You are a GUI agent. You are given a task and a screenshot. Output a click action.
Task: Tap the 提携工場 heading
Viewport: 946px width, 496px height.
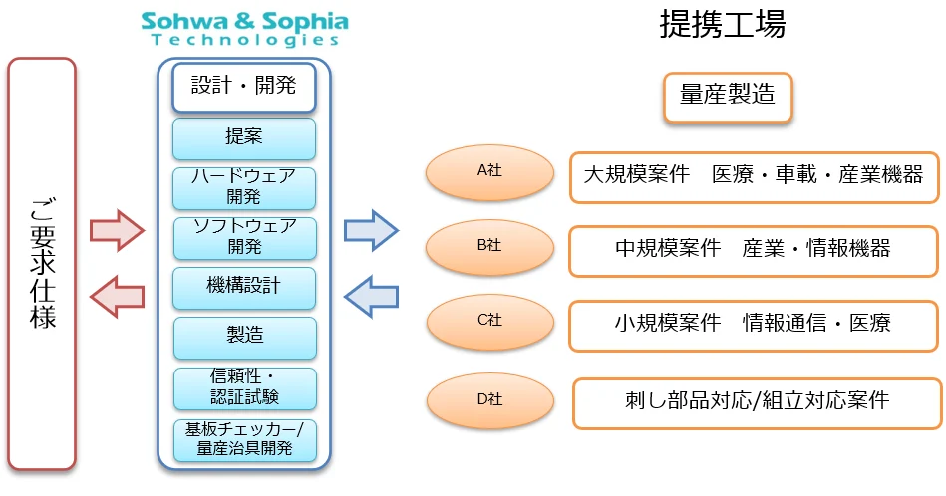(x=722, y=25)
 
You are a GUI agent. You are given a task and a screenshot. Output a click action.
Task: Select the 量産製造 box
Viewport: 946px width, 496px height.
(x=728, y=97)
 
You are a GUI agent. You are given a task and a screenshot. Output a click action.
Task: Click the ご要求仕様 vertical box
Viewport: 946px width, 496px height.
(x=42, y=264)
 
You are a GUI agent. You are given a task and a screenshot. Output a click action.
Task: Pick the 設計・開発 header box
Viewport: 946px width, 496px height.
(x=244, y=87)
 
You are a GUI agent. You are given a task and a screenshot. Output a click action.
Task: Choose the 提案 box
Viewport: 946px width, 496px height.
(x=244, y=138)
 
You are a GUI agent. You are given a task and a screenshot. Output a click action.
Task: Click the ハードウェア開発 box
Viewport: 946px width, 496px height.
(x=244, y=187)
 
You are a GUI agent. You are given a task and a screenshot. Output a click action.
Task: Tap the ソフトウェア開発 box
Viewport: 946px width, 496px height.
(x=244, y=237)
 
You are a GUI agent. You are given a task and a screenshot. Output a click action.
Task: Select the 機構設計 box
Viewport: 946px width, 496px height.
(x=244, y=287)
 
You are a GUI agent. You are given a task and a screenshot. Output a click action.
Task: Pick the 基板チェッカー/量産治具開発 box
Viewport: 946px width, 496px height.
(x=244, y=439)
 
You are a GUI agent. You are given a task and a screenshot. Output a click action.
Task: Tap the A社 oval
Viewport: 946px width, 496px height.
(x=488, y=172)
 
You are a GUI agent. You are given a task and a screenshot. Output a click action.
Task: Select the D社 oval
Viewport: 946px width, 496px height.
(x=488, y=400)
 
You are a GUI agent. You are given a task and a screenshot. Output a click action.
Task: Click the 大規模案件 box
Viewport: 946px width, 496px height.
(x=754, y=176)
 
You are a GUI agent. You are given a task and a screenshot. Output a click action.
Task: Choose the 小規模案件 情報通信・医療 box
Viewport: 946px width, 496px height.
(x=754, y=324)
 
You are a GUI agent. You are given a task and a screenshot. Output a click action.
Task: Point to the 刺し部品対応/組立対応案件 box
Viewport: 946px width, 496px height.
(x=756, y=402)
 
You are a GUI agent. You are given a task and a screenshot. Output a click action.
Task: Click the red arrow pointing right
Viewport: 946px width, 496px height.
(x=117, y=231)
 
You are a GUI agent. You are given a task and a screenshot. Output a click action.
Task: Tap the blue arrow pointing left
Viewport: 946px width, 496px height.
(x=371, y=295)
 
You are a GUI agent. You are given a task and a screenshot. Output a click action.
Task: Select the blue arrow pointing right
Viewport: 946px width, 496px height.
(x=371, y=231)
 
